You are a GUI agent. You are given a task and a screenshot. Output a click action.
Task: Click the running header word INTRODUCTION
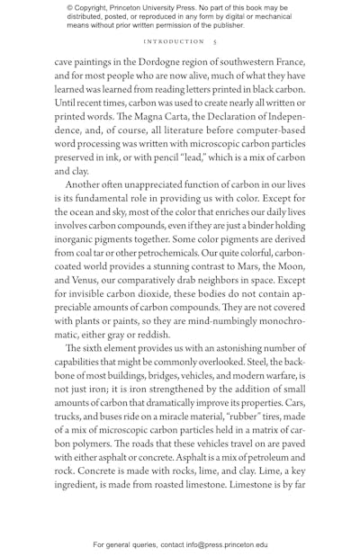coord(174,41)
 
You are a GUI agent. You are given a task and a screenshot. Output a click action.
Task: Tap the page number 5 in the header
coord(214,41)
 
